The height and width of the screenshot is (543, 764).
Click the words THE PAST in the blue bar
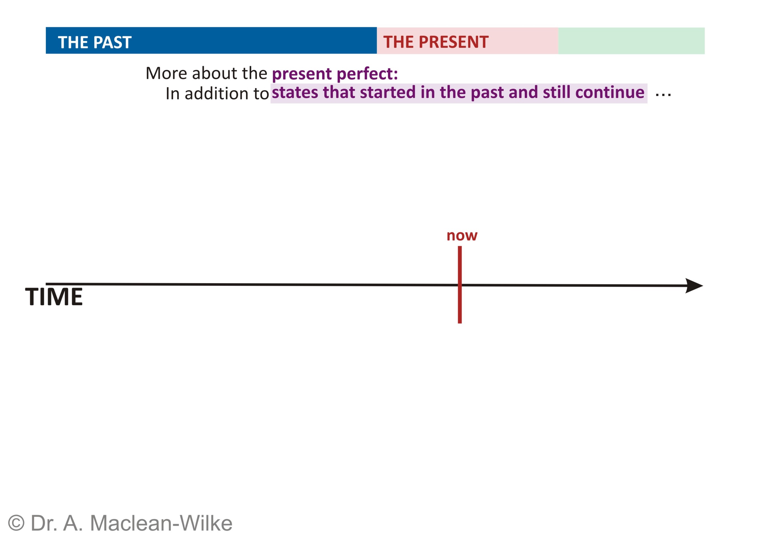pyautogui.click(x=95, y=43)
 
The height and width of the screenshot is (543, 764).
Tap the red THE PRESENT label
pyautogui.click(x=436, y=42)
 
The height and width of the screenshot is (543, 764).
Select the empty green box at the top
pyautogui.click(x=631, y=41)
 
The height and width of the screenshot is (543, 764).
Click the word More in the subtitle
pyautogui.click(x=166, y=73)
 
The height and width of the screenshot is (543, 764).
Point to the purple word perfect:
pyautogui.click(x=367, y=74)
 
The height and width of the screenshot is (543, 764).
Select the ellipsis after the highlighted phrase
pyautogui.click(x=663, y=95)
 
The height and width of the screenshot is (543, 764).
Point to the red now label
pyautogui.click(x=462, y=236)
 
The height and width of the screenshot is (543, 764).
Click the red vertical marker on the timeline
pyautogui.click(x=460, y=285)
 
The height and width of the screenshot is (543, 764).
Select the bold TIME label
pyautogui.click(x=54, y=297)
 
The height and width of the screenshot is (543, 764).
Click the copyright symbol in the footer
pyautogui.click(x=16, y=523)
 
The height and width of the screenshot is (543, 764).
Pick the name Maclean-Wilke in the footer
pyautogui.click(x=161, y=523)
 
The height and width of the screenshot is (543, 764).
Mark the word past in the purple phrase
pyautogui.click(x=487, y=93)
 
